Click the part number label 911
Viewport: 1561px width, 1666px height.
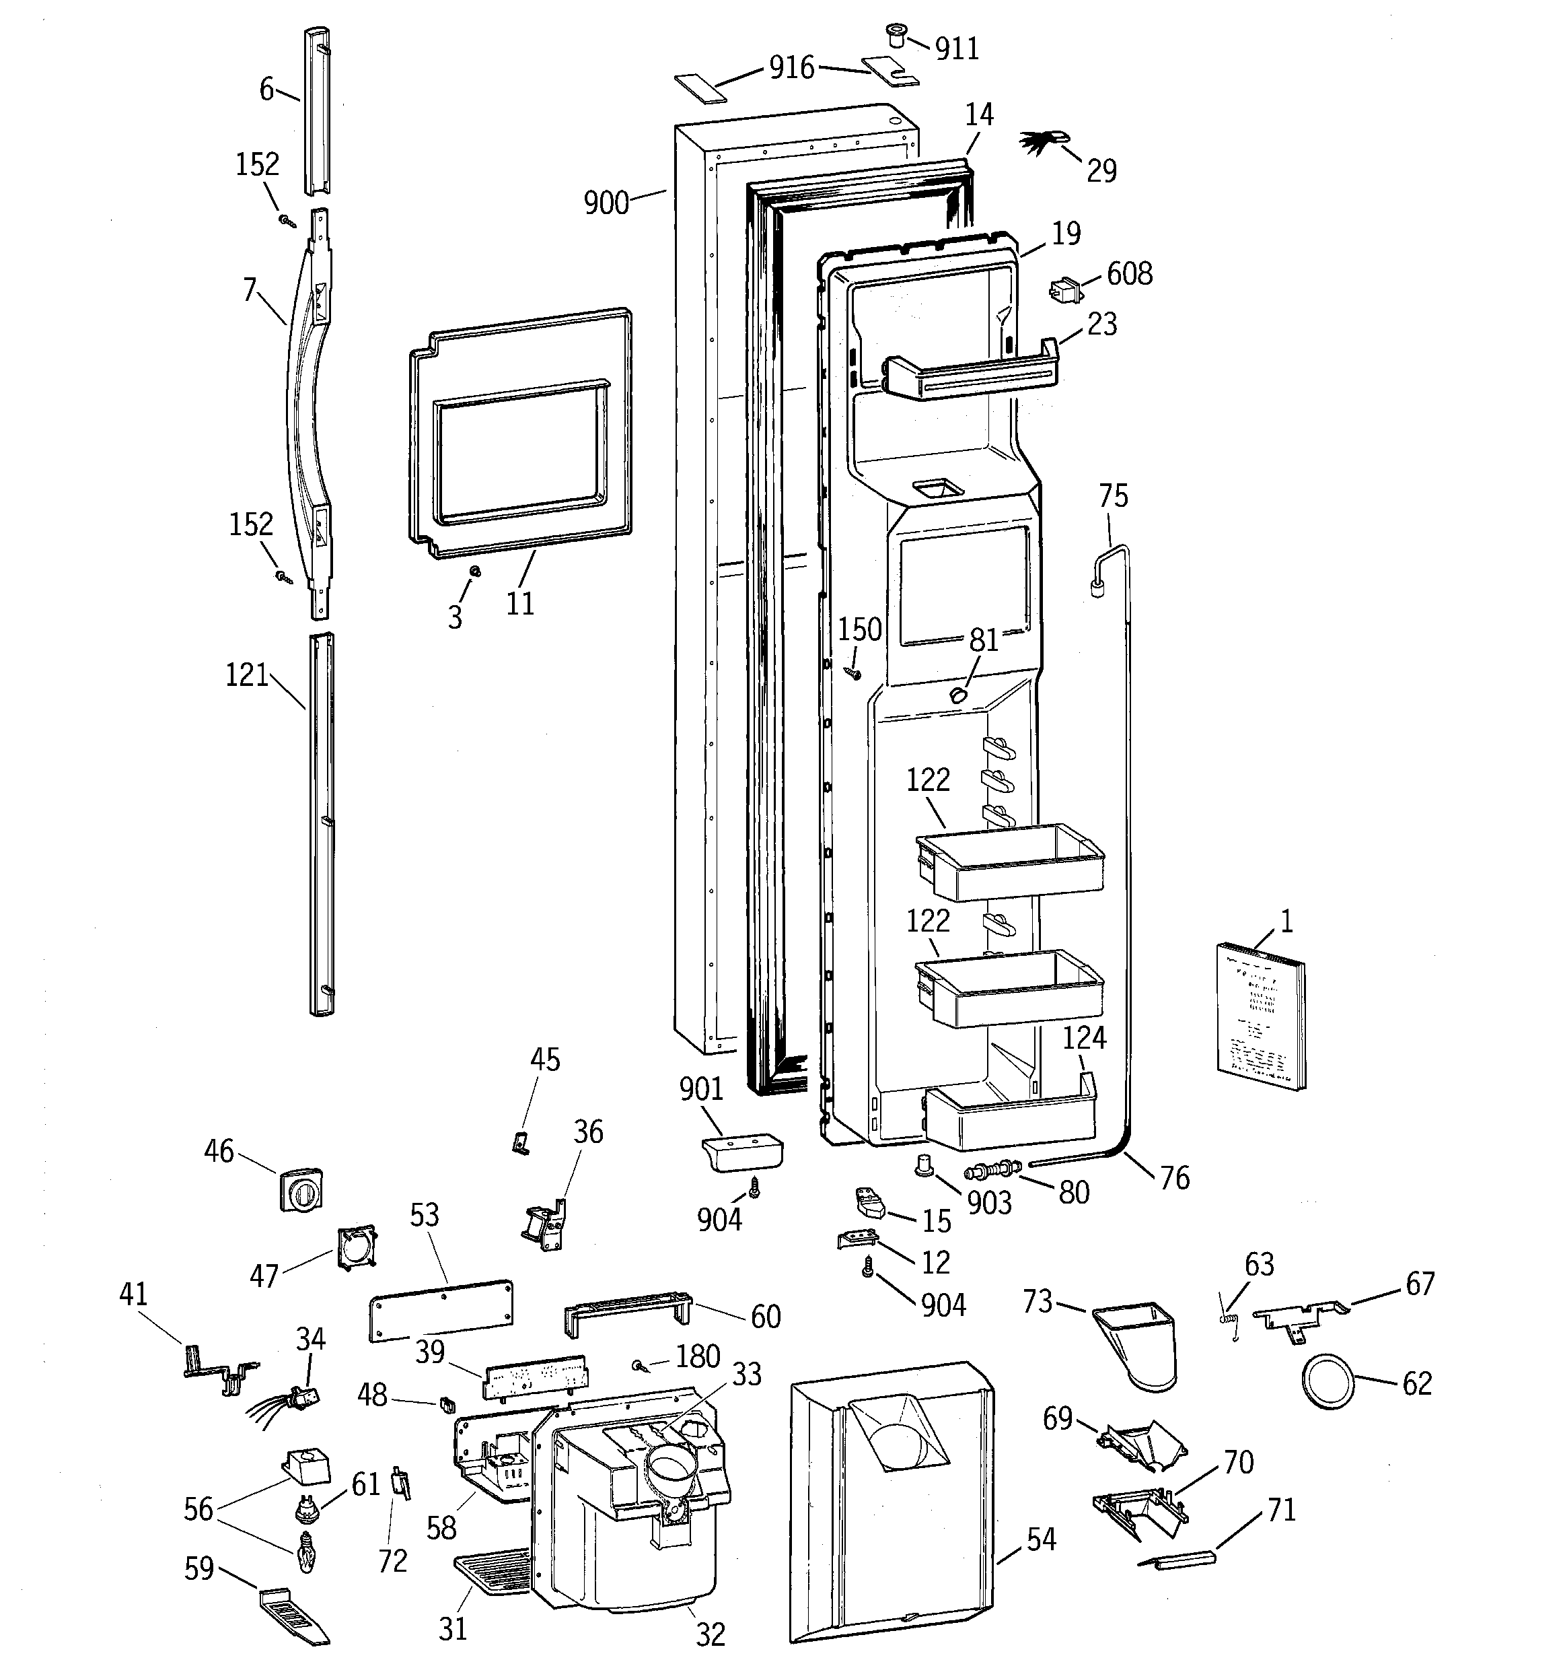point(956,49)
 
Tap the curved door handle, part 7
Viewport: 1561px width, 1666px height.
point(307,411)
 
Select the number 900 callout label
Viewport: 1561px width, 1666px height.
point(606,203)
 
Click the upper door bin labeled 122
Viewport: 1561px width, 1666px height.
point(1010,862)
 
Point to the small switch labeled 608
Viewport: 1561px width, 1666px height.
point(1065,290)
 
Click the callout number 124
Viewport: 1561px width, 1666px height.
point(1084,1037)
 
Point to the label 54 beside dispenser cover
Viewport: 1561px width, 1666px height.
point(1041,1539)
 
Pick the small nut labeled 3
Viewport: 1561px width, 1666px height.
point(474,571)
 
